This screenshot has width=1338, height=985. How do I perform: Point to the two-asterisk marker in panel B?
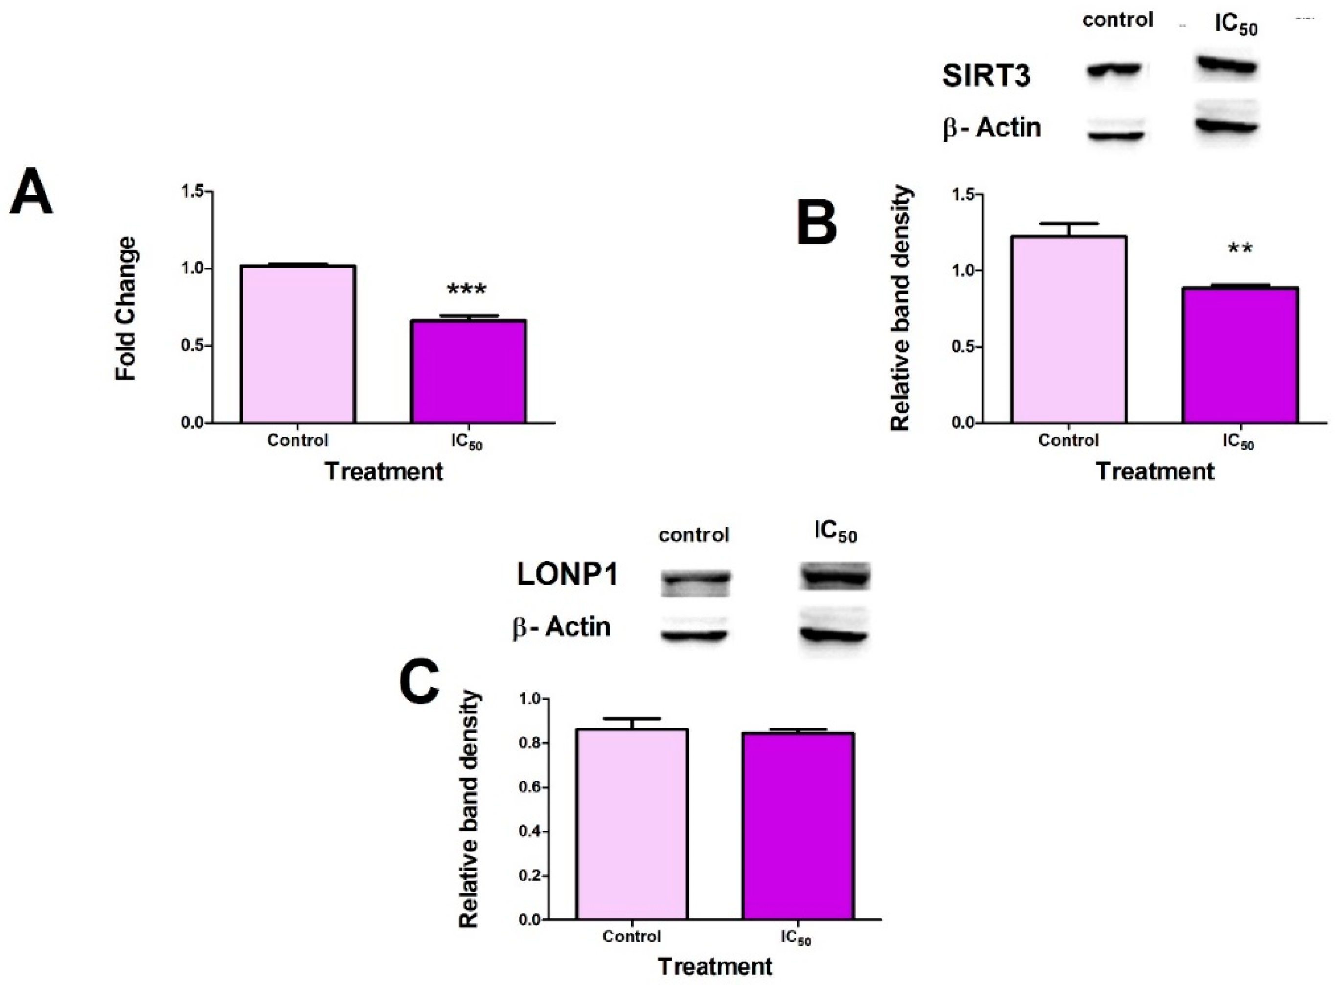tap(1240, 248)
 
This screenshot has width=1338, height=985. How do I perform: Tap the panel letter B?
tap(816, 224)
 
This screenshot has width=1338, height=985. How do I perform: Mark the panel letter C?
tap(419, 683)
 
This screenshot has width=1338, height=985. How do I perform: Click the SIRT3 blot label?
tap(986, 76)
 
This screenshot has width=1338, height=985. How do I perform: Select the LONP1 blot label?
tap(567, 575)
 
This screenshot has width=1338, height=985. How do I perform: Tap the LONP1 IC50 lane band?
tap(835, 577)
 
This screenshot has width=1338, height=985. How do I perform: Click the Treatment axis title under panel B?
tap(1155, 471)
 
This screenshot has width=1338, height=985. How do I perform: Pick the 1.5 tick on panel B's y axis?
tap(964, 195)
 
